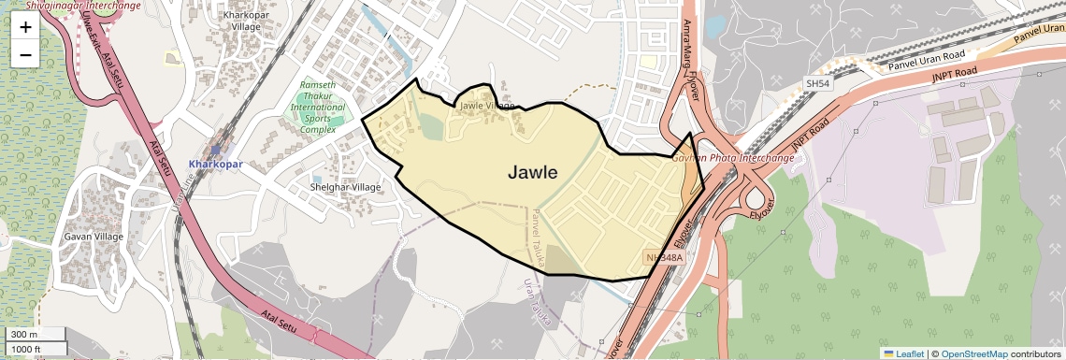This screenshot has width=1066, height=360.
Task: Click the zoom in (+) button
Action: point(25,27)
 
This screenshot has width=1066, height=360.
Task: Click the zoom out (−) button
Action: point(25,55)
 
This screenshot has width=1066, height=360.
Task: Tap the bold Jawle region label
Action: point(532,172)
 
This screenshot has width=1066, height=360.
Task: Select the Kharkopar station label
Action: point(215,164)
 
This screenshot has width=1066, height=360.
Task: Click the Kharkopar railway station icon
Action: point(216,149)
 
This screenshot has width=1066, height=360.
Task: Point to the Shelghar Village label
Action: point(345,187)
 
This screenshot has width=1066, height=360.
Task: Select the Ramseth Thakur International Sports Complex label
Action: point(318,107)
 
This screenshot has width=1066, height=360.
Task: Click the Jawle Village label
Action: point(486,106)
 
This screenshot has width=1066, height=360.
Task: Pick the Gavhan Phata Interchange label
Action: point(733,158)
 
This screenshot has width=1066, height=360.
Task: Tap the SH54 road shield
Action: point(817,84)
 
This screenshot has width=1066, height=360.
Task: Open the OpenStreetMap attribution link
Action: point(973,353)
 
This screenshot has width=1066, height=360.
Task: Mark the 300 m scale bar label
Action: point(25,335)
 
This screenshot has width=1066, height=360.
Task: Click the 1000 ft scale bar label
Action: point(27,349)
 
